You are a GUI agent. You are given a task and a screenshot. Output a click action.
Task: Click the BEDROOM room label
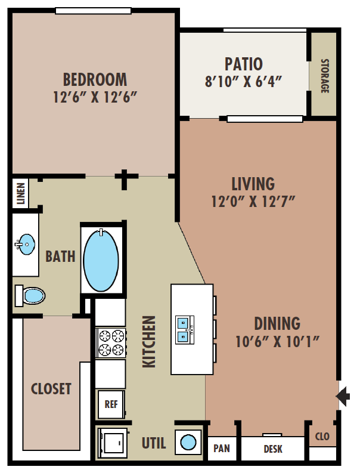pos(95,79)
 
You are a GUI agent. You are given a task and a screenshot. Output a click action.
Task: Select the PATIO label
pos(243,64)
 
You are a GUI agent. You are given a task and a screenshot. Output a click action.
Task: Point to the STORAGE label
pos(325,76)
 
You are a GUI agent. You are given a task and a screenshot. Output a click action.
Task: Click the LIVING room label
pos(253,183)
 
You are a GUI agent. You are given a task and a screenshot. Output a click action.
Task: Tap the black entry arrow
pos(344,395)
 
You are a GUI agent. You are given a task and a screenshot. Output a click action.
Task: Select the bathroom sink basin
pos(25,243)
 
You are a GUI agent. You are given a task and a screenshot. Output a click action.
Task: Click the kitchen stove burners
pos(110,342)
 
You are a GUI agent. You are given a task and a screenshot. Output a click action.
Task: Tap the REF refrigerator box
pos(111,403)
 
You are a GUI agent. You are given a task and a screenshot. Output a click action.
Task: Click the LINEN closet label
pos(20,194)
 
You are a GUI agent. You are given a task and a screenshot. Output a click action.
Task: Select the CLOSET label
pos(51,389)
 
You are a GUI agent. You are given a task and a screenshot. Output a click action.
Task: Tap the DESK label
pos(273,449)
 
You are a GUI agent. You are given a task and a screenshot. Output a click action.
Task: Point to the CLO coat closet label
pos(322,437)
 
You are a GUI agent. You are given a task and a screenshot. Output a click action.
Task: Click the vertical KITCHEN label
pos(149,341)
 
